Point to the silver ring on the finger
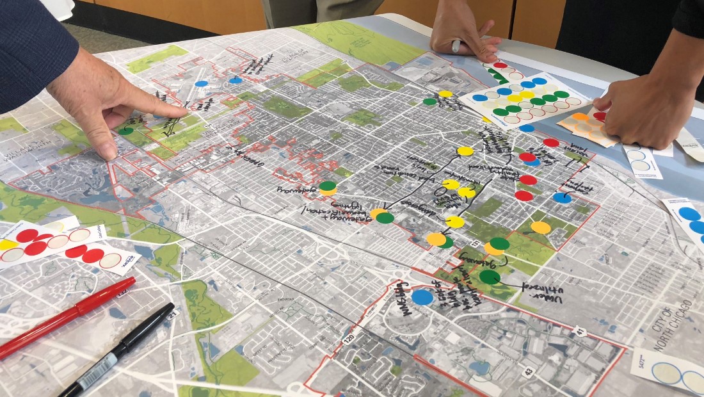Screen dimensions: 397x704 456,45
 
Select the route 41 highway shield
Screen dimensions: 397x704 580,332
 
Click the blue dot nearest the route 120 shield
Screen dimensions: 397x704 422,297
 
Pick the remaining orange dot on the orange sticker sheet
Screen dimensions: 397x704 580,117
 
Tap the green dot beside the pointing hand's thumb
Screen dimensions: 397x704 126,131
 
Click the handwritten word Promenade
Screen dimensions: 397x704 294,190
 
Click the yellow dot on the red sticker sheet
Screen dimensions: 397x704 8,245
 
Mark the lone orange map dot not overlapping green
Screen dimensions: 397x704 541,227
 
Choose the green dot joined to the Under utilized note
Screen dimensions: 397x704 490,277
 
